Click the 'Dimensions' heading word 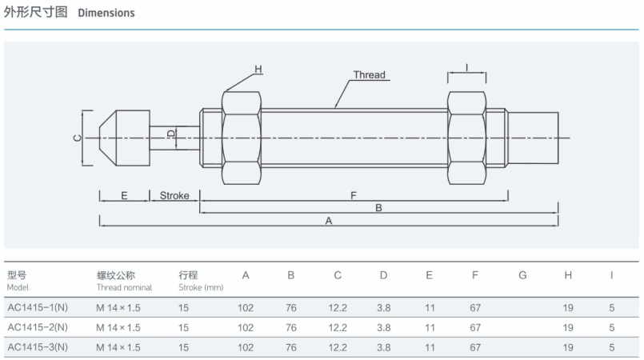click(106, 14)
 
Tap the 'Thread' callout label click(369, 75)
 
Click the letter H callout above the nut click(258, 70)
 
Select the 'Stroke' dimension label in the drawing click(174, 195)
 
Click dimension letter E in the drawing click(124, 195)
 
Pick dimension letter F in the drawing click(353, 195)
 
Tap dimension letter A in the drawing click(328, 221)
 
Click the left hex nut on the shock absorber click(240, 137)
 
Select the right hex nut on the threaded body click(466, 137)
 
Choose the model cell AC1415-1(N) click(38, 306)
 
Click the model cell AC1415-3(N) click(38, 348)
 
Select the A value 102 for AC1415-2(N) click(246, 327)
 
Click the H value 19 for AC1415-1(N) click(568, 306)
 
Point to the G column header click(522, 276)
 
